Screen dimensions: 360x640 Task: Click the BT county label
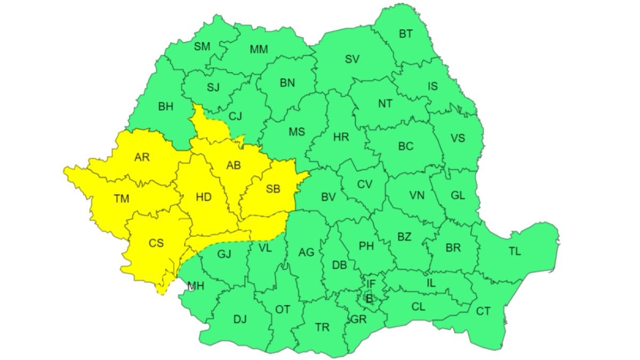pyautogui.click(x=406, y=34)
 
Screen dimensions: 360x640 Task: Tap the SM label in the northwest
pyautogui.click(x=202, y=47)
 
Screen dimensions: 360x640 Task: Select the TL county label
pyautogui.click(x=514, y=251)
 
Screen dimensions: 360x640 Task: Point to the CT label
pyautogui.click(x=483, y=311)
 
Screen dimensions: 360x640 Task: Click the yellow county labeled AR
pyautogui.click(x=142, y=157)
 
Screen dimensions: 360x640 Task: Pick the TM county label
pyautogui.click(x=122, y=199)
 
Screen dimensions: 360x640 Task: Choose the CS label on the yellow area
pyautogui.click(x=156, y=243)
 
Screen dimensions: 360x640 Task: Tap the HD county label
pyautogui.click(x=203, y=197)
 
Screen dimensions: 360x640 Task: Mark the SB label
pyautogui.click(x=273, y=188)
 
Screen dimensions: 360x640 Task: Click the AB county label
pyautogui.click(x=234, y=165)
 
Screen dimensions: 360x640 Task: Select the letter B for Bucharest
pyautogui.click(x=369, y=299)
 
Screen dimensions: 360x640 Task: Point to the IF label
pyautogui.click(x=371, y=284)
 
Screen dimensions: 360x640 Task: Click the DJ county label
pyautogui.click(x=240, y=319)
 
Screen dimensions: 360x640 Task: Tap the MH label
pyautogui.click(x=195, y=286)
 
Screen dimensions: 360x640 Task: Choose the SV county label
pyautogui.click(x=352, y=59)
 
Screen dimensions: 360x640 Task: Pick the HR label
pyautogui.click(x=341, y=137)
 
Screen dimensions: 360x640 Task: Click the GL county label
pyautogui.click(x=458, y=195)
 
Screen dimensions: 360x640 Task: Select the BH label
pyautogui.click(x=166, y=107)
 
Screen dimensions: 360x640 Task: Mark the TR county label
pyautogui.click(x=322, y=327)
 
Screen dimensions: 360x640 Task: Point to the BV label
pyautogui.click(x=329, y=197)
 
